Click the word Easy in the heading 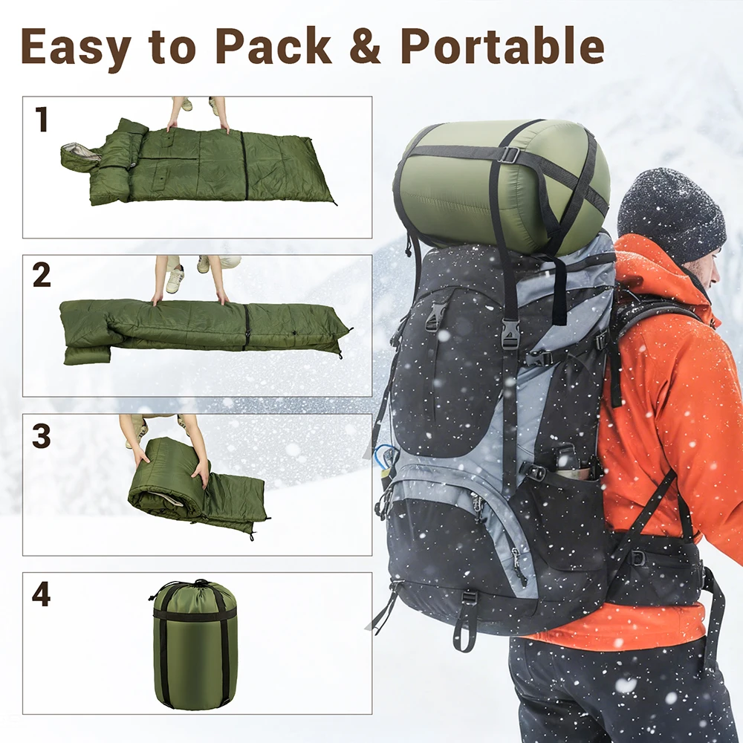pyautogui.click(x=76, y=46)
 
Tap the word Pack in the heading pyautogui.click(x=273, y=45)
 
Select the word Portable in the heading pyautogui.click(x=503, y=45)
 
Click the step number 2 pyautogui.click(x=41, y=274)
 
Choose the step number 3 pyautogui.click(x=41, y=435)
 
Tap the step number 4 pyautogui.click(x=41, y=593)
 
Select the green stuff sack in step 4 pyautogui.click(x=194, y=644)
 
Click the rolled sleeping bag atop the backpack pyautogui.click(x=502, y=187)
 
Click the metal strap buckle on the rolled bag pyautogui.click(x=508, y=155)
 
